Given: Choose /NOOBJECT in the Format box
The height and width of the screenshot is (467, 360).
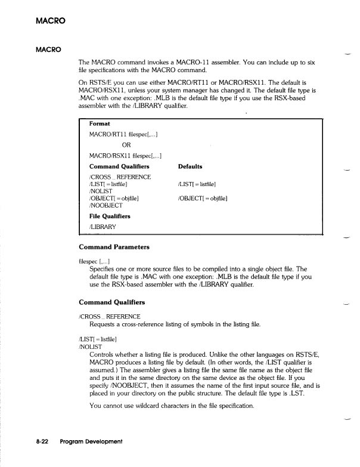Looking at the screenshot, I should (105, 205).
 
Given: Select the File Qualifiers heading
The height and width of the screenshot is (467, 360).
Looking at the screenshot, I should (113, 215).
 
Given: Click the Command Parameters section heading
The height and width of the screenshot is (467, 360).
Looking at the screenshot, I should (114, 247).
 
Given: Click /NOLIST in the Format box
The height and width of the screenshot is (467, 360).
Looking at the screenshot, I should (102, 191).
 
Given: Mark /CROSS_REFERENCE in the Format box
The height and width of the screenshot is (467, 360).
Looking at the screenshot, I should (119, 177).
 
